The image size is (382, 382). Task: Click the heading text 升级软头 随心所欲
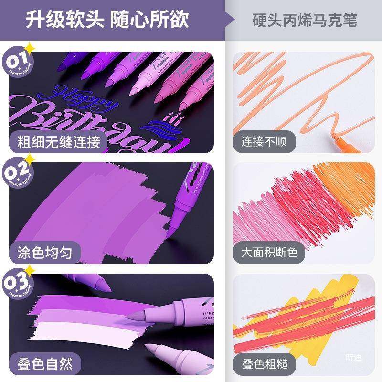coord(107,20)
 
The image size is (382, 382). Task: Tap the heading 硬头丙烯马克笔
coord(305,21)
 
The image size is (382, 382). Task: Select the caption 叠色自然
coord(46,364)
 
